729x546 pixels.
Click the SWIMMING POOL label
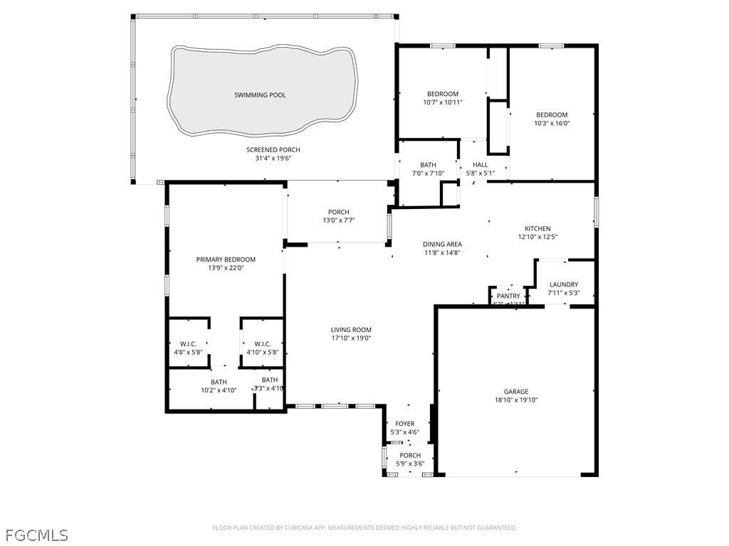tap(260, 95)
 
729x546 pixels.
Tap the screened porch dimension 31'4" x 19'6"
tap(273, 159)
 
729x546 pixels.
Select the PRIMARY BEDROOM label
tap(226, 259)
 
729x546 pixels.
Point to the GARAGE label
tap(516, 391)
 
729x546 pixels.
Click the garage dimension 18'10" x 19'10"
tap(516, 400)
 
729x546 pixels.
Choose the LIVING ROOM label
tap(351, 329)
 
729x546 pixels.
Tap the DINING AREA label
tap(442, 244)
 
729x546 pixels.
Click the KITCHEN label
tap(537, 228)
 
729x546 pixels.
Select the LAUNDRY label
tap(564, 284)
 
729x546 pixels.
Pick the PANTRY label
tap(508, 296)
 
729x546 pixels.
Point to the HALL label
tap(480, 164)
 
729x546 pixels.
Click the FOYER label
tap(404, 423)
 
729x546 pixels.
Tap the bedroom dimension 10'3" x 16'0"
tap(552, 124)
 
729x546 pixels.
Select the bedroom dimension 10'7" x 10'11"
tap(443, 102)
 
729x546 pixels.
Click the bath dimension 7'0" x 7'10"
tap(428, 173)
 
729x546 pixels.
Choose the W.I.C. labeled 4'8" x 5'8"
tap(188, 352)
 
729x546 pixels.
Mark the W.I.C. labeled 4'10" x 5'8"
tap(263, 352)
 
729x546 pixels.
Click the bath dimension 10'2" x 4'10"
tap(219, 390)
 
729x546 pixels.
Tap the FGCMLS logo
tap(36, 534)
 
